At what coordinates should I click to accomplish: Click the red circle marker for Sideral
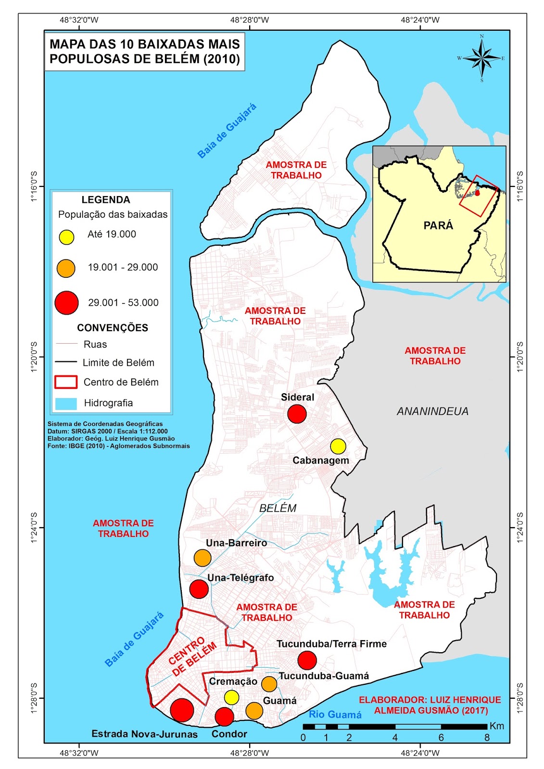coord(297,414)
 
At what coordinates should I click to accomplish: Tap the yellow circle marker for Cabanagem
coord(338,446)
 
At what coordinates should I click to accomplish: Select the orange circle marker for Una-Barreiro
coord(202,558)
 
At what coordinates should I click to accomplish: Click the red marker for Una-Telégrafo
coord(199,589)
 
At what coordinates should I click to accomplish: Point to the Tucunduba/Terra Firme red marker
coord(307,660)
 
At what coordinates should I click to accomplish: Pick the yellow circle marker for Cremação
coord(231,697)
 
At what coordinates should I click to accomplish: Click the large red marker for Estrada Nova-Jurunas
coord(182,710)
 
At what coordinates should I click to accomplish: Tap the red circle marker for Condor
coord(224,717)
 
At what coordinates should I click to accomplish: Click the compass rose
coord(481,58)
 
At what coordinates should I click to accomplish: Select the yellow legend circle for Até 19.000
coord(66,237)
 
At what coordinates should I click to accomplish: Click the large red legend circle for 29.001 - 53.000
coord(66,303)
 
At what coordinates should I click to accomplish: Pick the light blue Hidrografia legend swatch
coord(66,403)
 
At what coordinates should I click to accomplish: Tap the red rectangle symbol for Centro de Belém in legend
coord(66,382)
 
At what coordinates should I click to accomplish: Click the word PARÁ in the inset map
coord(438,225)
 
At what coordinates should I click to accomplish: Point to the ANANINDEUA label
coord(432,411)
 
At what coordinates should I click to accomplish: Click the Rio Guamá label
coord(335,715)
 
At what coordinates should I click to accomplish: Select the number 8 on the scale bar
coord(487,738)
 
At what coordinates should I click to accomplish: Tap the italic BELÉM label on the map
coord(278,508)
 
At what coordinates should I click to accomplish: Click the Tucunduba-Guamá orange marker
coord(269,683)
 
